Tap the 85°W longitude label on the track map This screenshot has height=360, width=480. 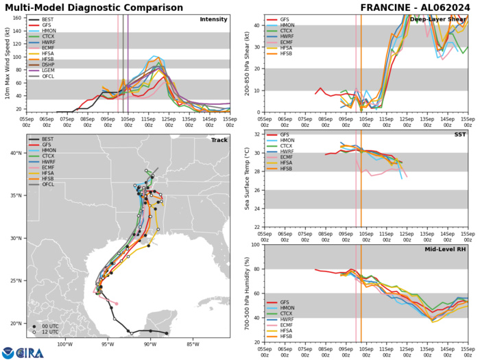pyautogui.click(x=191, y=344)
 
